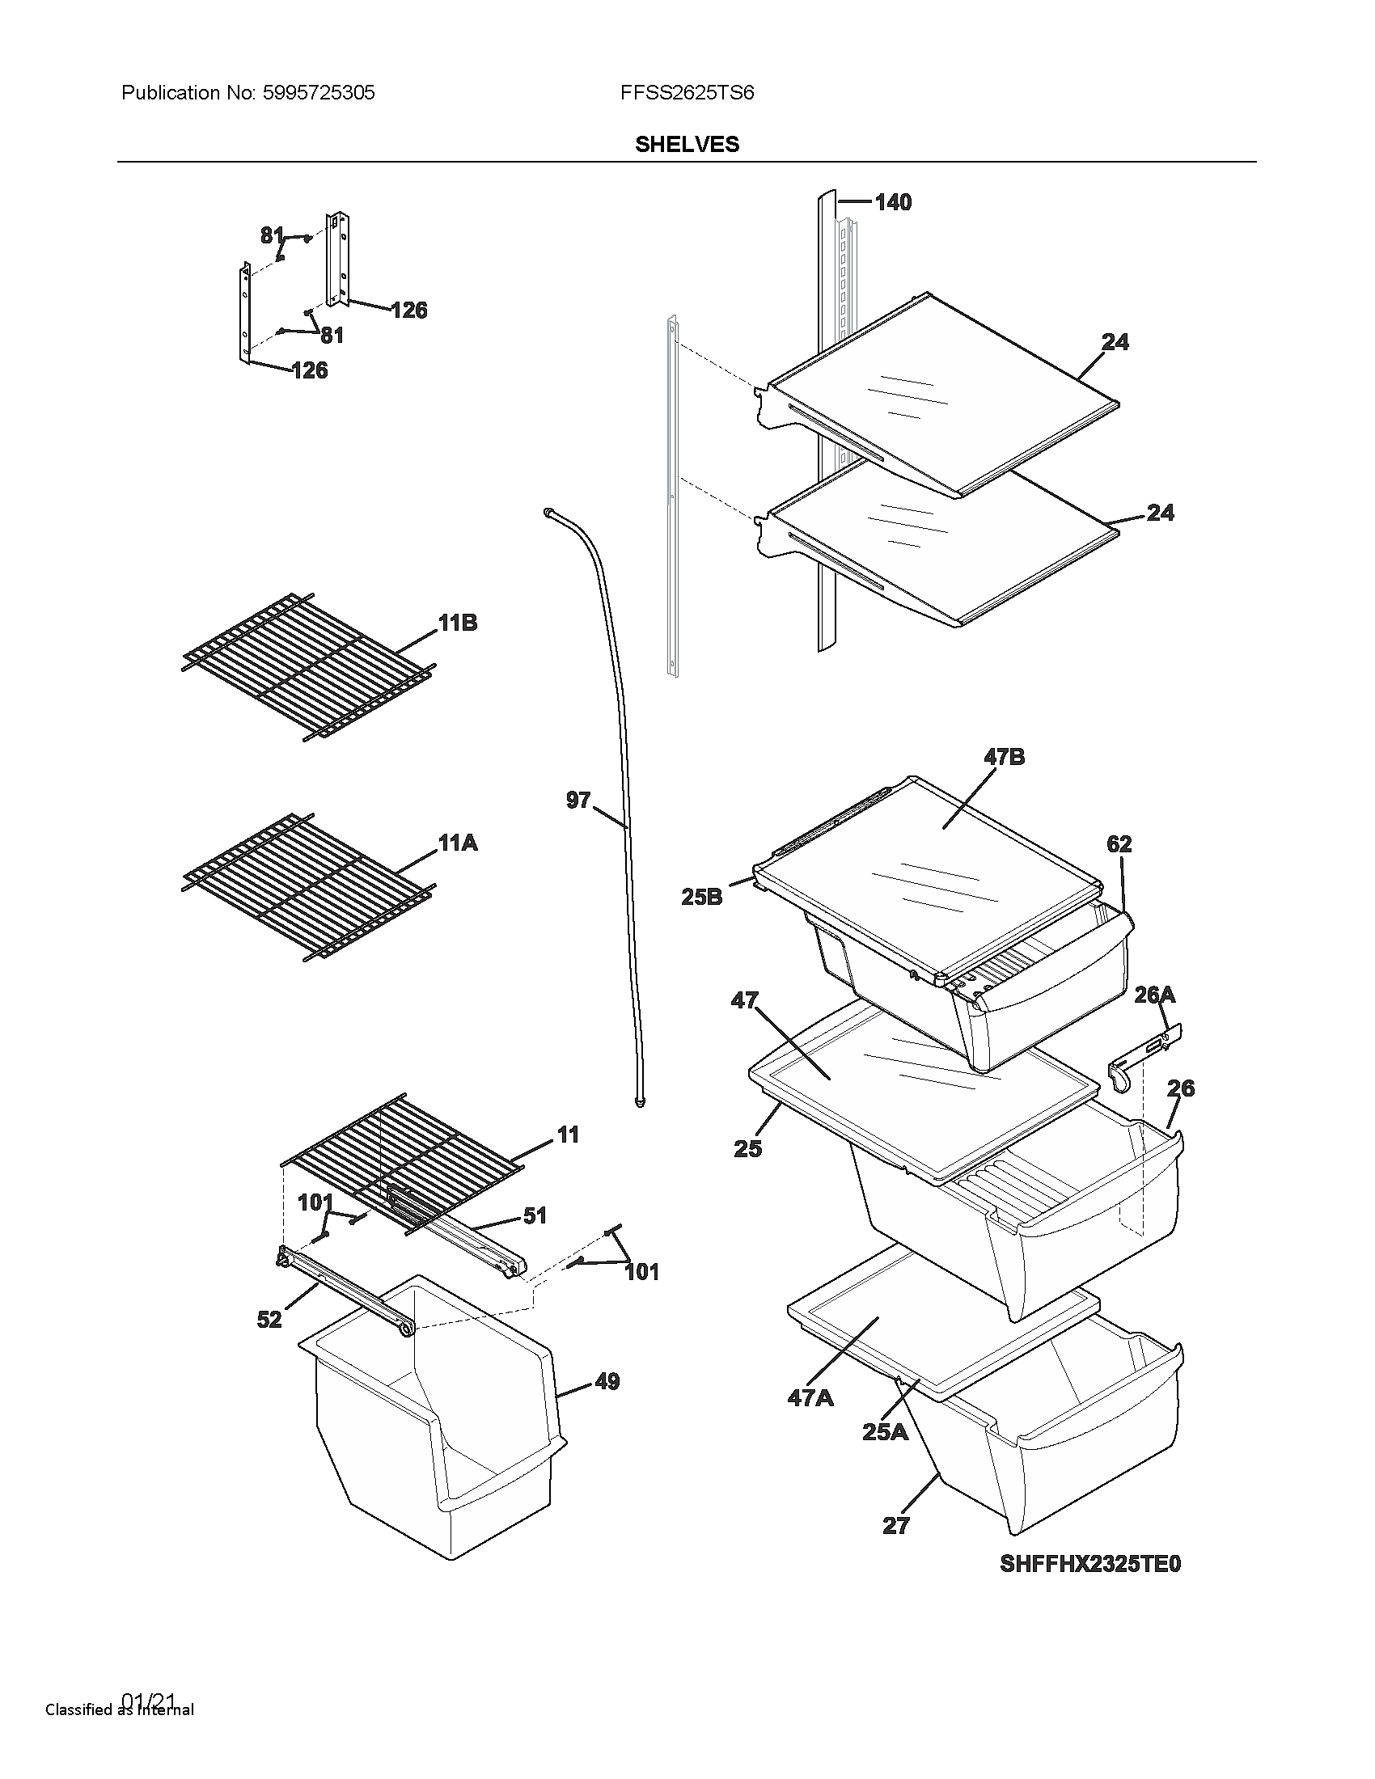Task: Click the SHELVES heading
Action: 687,144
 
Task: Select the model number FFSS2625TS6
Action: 687,93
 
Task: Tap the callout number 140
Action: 893,202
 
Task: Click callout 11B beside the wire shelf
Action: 457,623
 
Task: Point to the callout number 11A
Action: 457,843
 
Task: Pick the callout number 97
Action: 578,801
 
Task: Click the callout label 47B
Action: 1004,757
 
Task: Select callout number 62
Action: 1119,844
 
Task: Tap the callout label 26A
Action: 1154,995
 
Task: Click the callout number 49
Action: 607,1381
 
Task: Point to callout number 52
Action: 269,1320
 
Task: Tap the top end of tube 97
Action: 547,512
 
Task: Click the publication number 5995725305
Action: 318,93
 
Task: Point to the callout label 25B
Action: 701,898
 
